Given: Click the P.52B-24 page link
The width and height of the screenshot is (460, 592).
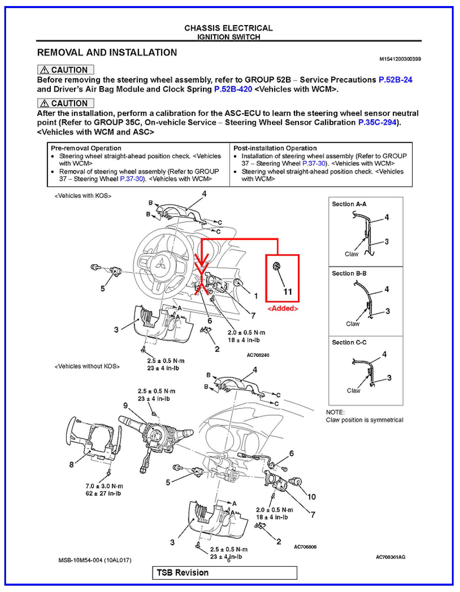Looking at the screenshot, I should coord(395,80).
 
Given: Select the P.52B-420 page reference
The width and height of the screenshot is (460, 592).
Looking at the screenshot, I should coord(233,89).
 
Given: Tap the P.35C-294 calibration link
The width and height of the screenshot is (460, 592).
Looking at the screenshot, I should coord(377,122).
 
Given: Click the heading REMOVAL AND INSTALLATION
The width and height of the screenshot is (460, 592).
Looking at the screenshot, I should coord(107,52).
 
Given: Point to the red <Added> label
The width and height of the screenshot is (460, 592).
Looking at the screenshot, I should coord(283,308).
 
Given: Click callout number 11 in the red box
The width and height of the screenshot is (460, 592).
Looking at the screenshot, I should coord(287,292).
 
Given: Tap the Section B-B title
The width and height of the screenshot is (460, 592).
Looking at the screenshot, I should coord(349,273).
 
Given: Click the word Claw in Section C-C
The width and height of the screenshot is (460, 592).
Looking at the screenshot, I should coord(353,391).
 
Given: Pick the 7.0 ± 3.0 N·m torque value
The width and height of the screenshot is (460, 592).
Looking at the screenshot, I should coord(104,486).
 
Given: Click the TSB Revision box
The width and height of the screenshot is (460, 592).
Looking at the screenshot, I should coord(225,573).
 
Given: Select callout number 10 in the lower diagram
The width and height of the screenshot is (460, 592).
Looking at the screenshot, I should coord(311,497).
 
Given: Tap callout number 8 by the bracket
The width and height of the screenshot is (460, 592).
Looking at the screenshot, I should coord(71,464).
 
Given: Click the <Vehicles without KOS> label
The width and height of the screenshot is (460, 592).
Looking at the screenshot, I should coord(87,366).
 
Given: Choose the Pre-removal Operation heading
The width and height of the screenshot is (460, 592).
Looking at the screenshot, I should coord(86,148).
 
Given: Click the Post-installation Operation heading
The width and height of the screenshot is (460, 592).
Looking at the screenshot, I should coord(275,148).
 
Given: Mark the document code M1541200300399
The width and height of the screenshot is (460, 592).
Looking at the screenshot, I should coord(400,59).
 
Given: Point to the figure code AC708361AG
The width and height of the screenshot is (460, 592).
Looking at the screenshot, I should coord(390,557).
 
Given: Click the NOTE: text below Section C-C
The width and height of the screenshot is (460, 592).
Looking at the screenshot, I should coord(335,412).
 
